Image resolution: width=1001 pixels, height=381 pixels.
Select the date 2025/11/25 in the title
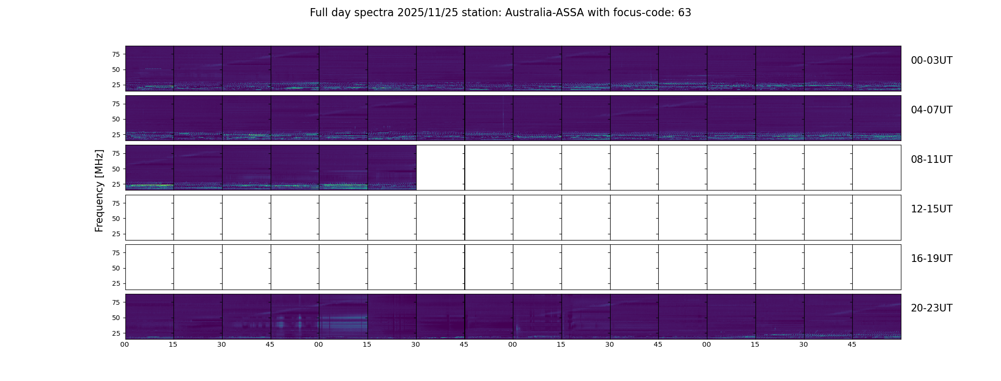[428, 13]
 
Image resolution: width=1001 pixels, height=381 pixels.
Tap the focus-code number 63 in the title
[684, 13]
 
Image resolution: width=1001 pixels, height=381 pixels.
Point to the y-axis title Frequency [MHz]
[99, 191]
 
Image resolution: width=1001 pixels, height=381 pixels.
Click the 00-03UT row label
[931, 60]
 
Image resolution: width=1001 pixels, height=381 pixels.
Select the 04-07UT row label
[931, 110]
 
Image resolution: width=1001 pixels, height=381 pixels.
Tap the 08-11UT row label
[931, 160]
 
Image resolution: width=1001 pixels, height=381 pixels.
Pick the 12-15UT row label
[931, 209]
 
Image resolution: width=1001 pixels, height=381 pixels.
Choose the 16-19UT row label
[931, 259]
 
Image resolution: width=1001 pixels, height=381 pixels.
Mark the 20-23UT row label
[931, 308]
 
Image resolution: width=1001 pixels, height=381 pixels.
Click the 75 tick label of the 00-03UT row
[116, 54]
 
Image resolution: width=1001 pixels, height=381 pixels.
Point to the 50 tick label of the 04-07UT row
[116, 119]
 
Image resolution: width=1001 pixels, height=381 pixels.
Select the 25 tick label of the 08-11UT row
[116, 184]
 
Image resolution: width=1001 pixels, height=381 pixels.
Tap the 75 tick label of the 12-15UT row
[116, 203]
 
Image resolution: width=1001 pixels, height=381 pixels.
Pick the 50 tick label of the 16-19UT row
[116, 268]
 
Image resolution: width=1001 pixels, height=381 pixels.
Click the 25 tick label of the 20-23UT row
[116, 333]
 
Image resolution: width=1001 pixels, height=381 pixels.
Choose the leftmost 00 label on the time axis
[125, 345]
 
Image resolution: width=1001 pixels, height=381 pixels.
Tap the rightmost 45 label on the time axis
[852, 345]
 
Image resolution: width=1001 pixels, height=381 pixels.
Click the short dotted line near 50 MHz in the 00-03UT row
[153, 69]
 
